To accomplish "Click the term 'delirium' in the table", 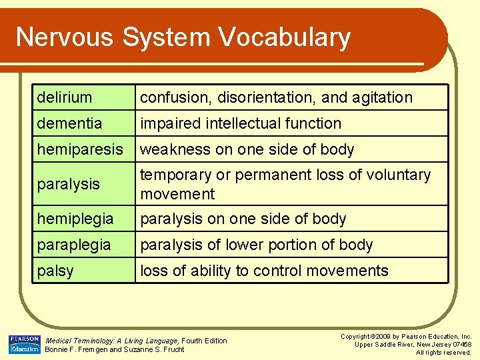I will [x=65, y=97].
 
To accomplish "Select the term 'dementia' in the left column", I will [x=70, y=123].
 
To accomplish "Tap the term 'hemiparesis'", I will [x=80, y=149].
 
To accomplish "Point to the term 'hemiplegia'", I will [x=75, y=219].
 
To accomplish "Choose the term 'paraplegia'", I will [x=74, y=245].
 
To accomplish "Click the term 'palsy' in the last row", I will [x=55, y=271].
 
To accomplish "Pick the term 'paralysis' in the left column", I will [x=69, y=183].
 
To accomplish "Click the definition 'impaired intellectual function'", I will [x=240, y=123].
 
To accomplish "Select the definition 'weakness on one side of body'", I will [x=247, y=149].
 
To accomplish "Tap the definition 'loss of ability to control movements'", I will [x=263, y=271].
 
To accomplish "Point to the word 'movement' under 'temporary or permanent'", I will [x=177, y=194].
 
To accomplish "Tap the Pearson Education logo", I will [x=24, y=344].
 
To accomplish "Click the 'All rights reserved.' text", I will [x=443, y=352].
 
